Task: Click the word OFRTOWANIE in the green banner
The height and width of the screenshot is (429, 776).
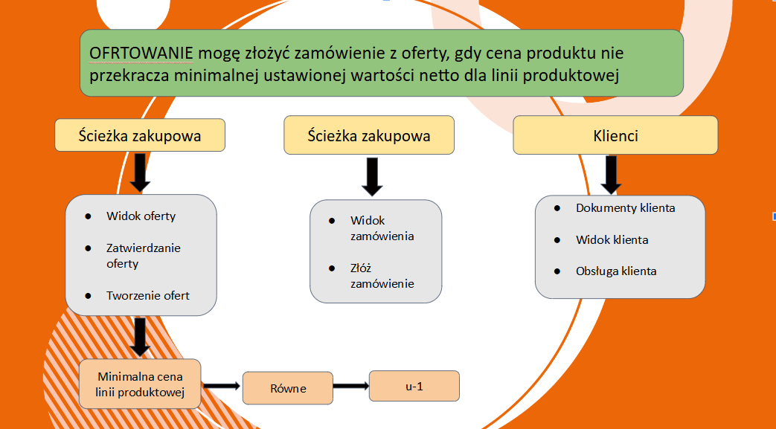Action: coord(141,54)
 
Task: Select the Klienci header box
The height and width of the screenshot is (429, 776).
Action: coord(615,135)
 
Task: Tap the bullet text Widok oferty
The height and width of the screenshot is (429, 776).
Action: coord(141,216)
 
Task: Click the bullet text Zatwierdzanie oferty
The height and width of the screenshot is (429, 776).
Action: coord(144,256)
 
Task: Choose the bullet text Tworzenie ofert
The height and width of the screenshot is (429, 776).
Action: coord(148,296)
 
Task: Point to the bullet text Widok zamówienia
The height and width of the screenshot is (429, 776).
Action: coord(382,228)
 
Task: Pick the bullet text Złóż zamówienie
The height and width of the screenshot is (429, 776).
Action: coord(382,276)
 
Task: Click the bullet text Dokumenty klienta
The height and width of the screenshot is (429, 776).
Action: coord(626,208)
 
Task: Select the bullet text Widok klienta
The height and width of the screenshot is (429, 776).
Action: coord(612,240)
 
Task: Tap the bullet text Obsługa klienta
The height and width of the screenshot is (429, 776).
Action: coord(616,271)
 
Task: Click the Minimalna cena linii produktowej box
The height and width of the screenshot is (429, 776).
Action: coord(140,384)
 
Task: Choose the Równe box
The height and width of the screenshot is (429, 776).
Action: coord(287,388)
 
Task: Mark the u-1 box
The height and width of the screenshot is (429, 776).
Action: coord(414,386)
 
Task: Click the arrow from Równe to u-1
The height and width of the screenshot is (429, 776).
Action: coord(351,386)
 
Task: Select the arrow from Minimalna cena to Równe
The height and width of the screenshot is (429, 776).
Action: coord(222,385)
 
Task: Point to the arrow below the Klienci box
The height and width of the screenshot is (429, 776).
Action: coord(611,175)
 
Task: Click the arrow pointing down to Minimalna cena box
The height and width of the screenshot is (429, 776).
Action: coord(140,337)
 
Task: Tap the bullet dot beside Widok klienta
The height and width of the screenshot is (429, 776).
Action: coord(557,240)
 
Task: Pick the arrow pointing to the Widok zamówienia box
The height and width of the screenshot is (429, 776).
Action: coord(372,177)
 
